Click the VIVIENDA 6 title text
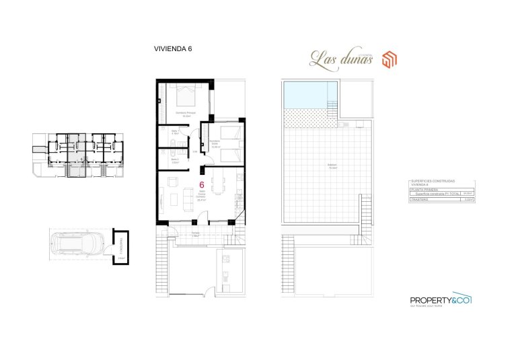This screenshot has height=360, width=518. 174,48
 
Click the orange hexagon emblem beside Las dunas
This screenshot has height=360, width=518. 390,61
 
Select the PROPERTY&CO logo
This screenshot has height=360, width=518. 441,300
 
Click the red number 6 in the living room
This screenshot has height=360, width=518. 202,185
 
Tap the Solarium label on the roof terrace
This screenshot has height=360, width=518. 332,165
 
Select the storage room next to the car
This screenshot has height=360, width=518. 120,247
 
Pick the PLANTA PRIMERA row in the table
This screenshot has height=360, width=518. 423,190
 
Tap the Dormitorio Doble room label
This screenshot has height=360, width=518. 215,143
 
